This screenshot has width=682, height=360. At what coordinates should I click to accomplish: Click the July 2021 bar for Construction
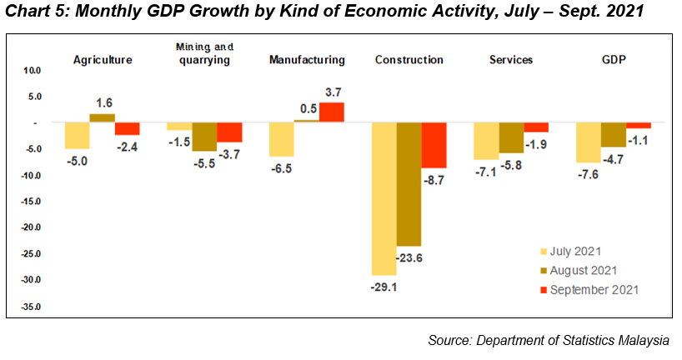(384, 198)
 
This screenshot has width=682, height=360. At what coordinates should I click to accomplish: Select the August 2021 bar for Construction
(409, 183)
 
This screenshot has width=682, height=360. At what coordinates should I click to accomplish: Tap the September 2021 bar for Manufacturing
(331, 112)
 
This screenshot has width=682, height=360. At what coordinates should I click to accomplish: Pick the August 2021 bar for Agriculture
(102, 117)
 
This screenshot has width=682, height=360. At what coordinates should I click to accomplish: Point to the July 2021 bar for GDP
(589, 142)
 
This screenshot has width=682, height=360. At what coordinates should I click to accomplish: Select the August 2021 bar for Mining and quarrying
(204, 137)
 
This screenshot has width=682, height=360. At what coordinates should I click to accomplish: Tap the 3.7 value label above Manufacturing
(333, 92)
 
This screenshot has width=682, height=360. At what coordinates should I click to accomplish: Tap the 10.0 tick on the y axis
(30, 71)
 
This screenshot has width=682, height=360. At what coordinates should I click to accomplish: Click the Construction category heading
(409, 60)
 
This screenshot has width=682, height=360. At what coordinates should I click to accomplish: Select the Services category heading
(512, 60)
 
